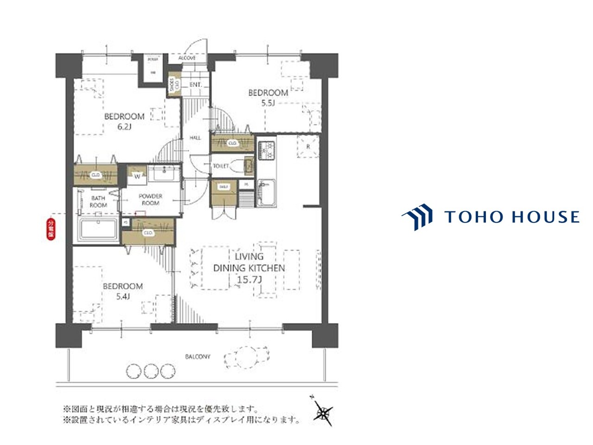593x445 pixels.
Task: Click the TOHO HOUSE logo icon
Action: click(417, 217)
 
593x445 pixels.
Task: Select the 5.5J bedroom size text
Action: click(268, 103)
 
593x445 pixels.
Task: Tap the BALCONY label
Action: click(198, 357)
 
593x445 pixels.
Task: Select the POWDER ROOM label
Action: click(151, 200)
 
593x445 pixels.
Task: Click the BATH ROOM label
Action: click(98, 201)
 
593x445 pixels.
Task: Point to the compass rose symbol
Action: click(323, 411)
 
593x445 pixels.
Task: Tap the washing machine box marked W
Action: click(137, 176)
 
